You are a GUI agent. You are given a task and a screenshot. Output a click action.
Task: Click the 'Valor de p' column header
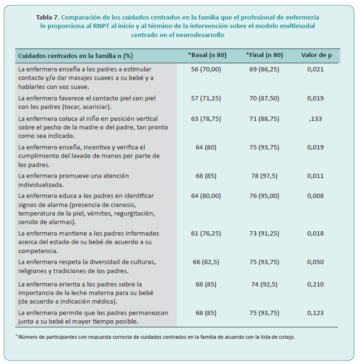coord(316,55)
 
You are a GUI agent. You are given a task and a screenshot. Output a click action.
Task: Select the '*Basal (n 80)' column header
coord(207,55)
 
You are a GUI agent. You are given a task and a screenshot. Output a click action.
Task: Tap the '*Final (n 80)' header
coord(264,55)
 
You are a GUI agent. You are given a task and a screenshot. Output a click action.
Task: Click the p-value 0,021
coord(315,69)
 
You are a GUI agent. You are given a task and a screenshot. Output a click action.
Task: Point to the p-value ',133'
coord(315,119)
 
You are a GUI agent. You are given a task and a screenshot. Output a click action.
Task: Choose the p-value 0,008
coord(315,196)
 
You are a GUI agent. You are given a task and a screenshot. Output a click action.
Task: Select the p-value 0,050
coord(315,262)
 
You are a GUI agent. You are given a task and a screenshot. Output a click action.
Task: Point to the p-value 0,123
coord(315,313)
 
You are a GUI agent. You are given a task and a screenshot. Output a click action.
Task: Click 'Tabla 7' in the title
coord(47,18)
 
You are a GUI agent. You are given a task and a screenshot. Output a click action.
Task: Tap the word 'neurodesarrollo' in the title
coord(200,35)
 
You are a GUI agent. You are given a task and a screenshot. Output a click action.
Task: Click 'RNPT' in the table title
coord(101,26)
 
